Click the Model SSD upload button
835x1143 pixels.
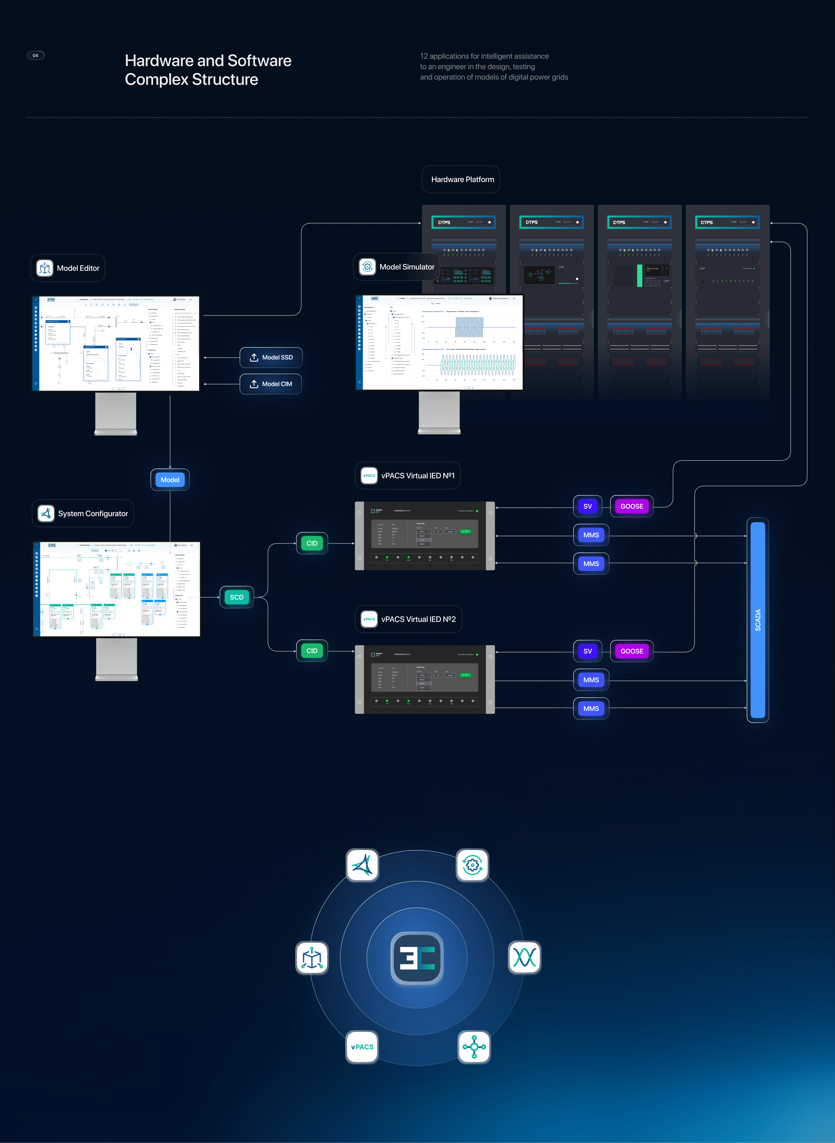pyautogui.click(x=271, y=357)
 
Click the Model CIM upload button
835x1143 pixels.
pyautogui.click(x=271, y=384)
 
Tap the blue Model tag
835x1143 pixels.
pyautogui.click(x=170, y=480)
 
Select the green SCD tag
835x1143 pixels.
pyautogui.click(x=237, y=597)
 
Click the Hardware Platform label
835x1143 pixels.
pyautogui.click(x=462, y=180)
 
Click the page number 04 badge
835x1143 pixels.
pyautogui.click(x=35, y=56)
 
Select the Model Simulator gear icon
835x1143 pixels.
pyautogui.click(x=367, y=267)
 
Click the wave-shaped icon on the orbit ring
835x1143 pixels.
pyautogui.click(x=524, y=957)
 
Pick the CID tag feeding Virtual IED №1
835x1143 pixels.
pyautogui.click(x=312, y=544)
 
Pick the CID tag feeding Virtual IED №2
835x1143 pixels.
pyautogui.click(x=312, y=651)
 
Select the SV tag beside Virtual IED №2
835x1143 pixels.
pyautogui.click(x=587, y=651)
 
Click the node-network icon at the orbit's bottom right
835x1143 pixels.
pyautogui.click(x=474, y=1047)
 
